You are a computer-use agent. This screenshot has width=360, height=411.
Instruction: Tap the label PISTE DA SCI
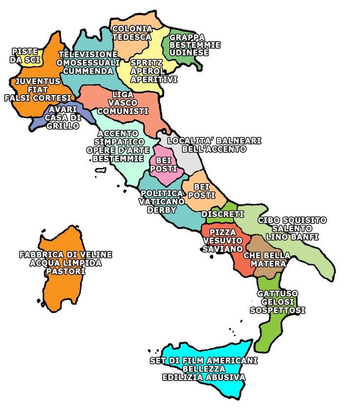(x=25, y=55)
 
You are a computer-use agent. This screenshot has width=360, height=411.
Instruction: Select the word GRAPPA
(x=187, y=37)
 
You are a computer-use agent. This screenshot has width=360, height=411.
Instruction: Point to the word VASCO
(x=122, y=103)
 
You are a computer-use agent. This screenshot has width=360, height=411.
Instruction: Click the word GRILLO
(x=63, y=126)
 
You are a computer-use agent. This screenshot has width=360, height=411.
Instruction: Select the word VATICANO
(x=162, y=201)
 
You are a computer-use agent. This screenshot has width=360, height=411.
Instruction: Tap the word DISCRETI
(x=222, y=215)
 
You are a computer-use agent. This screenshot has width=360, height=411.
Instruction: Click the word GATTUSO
(x=277, y=293)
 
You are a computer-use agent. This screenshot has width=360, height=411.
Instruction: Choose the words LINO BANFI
(x=292, y=237)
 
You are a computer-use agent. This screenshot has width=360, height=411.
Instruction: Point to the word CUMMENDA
(x=88, y=71)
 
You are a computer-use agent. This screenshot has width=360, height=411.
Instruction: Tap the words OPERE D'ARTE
(x=118, y=150)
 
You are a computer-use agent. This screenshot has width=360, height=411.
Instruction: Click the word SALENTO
(x=292, y=228)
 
